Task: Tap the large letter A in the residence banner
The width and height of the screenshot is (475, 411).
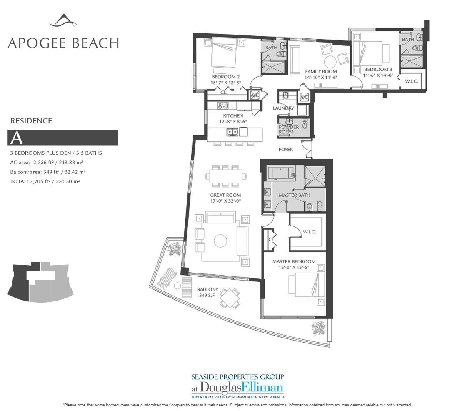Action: (16, 138)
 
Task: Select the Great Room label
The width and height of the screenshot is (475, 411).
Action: (226, 195)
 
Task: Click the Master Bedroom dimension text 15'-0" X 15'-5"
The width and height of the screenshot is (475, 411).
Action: (294, 267)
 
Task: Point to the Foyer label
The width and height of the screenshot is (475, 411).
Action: (286, 149)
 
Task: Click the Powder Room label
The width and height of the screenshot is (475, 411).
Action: (288, 129)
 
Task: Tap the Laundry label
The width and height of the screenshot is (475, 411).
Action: (283, 108)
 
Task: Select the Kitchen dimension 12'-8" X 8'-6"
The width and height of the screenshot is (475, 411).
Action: (233, 122)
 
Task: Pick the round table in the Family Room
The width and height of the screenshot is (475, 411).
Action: (330, 62)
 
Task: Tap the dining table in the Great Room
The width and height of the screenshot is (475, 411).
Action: (226, 176)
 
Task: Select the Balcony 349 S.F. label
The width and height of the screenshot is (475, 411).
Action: (207, 292)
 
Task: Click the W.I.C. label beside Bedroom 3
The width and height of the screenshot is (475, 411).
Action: (411, 81)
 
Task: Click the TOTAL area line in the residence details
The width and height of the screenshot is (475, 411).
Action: (45, 182)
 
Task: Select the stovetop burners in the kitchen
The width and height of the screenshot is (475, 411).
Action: (223, 105)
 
